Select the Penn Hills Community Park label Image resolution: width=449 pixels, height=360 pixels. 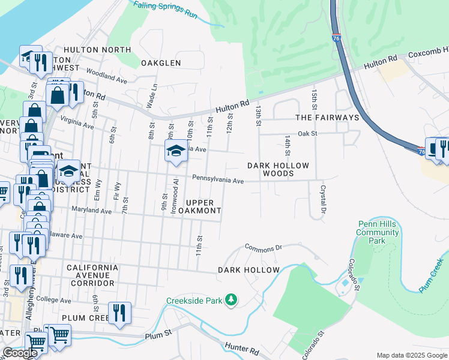(377, 232)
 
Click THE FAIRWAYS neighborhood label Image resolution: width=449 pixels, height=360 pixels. (327, 118)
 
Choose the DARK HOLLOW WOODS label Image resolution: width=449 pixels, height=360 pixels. (279, 169)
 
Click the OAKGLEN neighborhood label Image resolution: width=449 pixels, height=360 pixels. (160, 63)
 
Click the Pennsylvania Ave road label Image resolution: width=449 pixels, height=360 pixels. (218, 179)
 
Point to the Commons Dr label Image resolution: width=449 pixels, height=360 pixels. (263, 247)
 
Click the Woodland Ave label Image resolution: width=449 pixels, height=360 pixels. (106, 76)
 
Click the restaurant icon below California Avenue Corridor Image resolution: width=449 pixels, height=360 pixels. (119, 313)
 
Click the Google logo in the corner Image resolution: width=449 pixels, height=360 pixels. (20, 353)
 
